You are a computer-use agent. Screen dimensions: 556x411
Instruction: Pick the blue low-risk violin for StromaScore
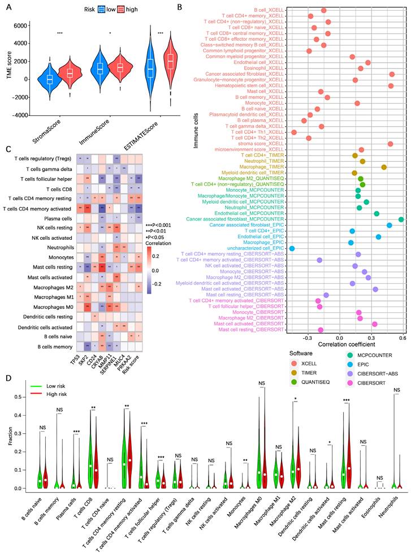(49, 79)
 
